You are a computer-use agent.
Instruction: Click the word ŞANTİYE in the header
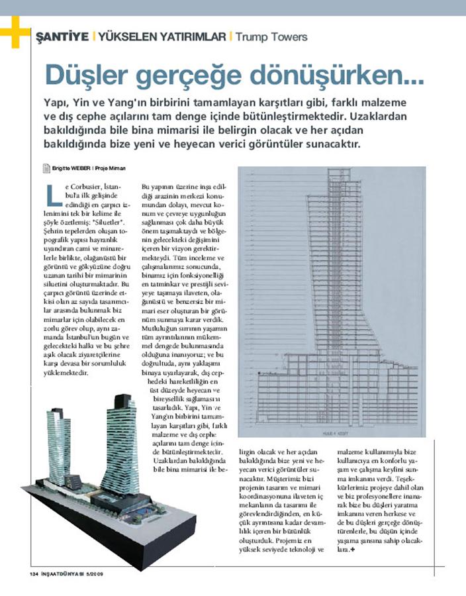pos(62,36)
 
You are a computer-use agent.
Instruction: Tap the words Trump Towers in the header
pos(271,36)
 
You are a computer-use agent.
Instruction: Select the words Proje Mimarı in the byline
pos(110,168)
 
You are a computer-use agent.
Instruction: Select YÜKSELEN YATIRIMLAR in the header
pos(163,36)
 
